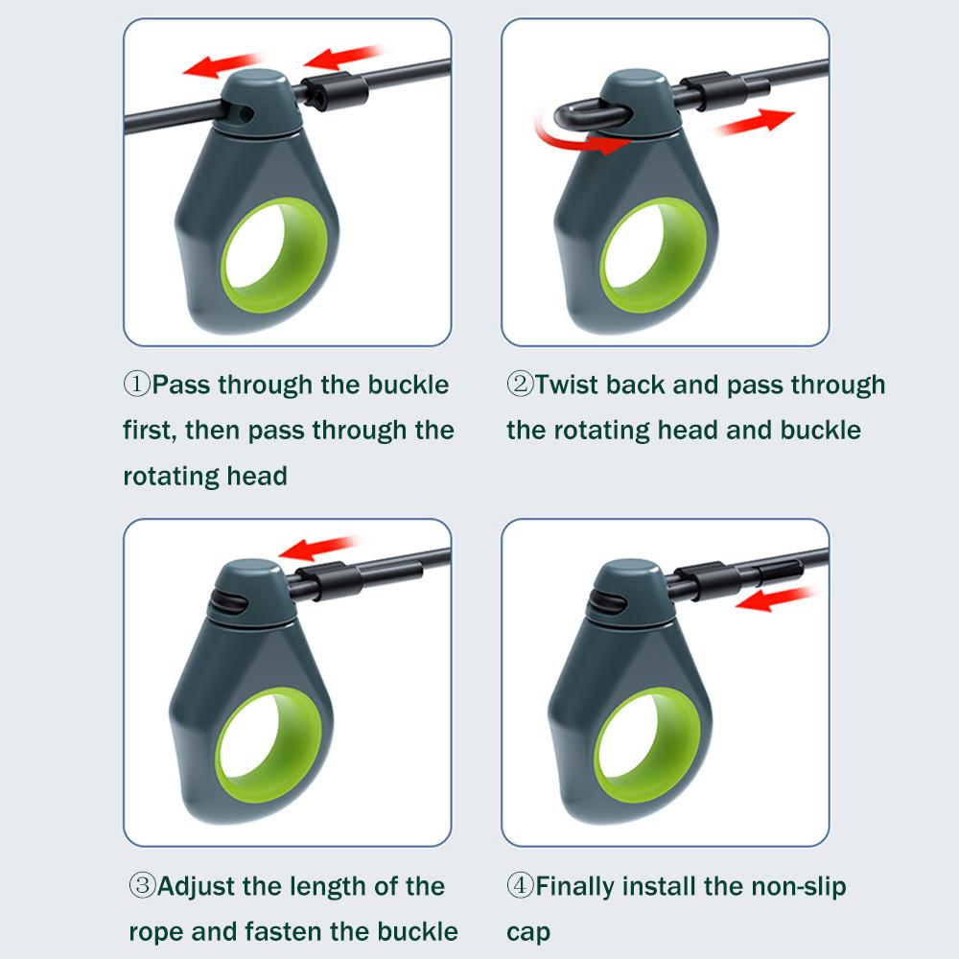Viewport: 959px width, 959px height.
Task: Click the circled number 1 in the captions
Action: (137, 385)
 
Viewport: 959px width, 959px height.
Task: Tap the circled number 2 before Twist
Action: (520, 385)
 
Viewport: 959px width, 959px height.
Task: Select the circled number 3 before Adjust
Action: (142, 885)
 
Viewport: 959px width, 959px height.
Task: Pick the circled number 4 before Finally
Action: (520, 885)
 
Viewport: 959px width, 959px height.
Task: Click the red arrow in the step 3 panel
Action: (318, 548)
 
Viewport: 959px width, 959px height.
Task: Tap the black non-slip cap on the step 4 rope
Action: (780, 573)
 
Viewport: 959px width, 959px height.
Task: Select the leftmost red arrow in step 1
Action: (223, 64)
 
